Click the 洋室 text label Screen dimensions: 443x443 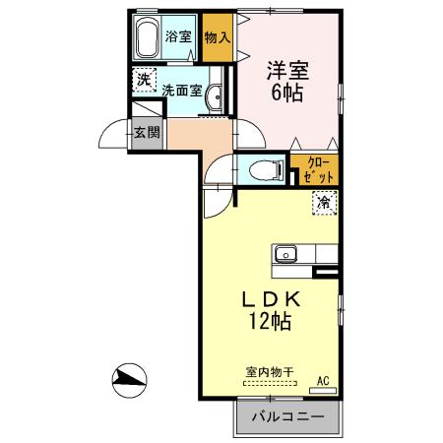coord(286,72)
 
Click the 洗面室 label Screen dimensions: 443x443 coord(182,88)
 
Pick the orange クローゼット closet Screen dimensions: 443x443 coord(316,169)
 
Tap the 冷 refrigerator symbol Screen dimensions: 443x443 coord(324,202)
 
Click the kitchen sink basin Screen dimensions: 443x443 coord(285,253)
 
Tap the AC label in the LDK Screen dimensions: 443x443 coord(322,380)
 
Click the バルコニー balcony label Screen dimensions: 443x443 coord(287,417)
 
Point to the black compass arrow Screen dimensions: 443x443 coord(129,376)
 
